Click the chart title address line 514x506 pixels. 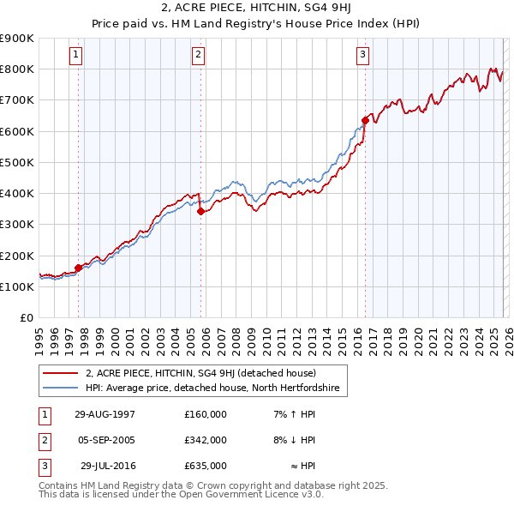click(256, 9)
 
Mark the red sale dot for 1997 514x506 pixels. click(79, 268)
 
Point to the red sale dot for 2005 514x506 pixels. click(200, 211)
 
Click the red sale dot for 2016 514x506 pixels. click(365, 120)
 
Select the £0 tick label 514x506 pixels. click(26, 318)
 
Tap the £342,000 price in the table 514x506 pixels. click(206, 440)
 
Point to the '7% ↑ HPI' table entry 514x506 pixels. click(292, 414)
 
